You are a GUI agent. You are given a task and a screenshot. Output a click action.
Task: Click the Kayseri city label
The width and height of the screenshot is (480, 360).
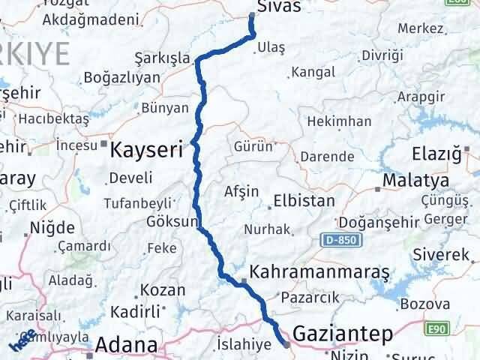coord(146,150)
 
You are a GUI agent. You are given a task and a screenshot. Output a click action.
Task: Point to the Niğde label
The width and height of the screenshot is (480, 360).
coord(52,227)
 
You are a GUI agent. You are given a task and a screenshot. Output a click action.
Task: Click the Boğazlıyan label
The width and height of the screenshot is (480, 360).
coord(122,76)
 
